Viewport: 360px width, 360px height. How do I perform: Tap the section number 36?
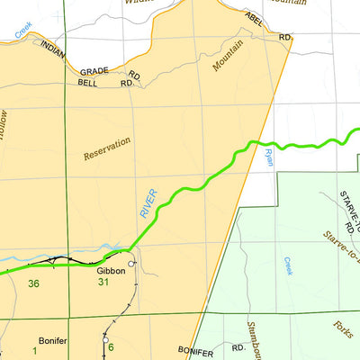pos(34,284)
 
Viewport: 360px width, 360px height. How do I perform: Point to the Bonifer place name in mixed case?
pos(53,329)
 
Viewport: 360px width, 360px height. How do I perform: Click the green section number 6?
pos(111,348)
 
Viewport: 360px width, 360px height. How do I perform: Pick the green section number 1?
pos(36,348)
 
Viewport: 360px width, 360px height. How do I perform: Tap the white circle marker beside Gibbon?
pos(132,263)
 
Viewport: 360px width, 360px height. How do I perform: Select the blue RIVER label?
pos(148,202)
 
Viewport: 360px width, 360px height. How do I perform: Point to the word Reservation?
pos(107,148)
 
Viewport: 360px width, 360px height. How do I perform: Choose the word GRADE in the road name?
pos(94,71)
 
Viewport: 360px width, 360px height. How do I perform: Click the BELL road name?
pos(88,83)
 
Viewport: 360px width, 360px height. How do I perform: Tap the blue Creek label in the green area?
pos(289,265)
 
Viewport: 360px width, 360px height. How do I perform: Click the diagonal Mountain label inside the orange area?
pos(229,56)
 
